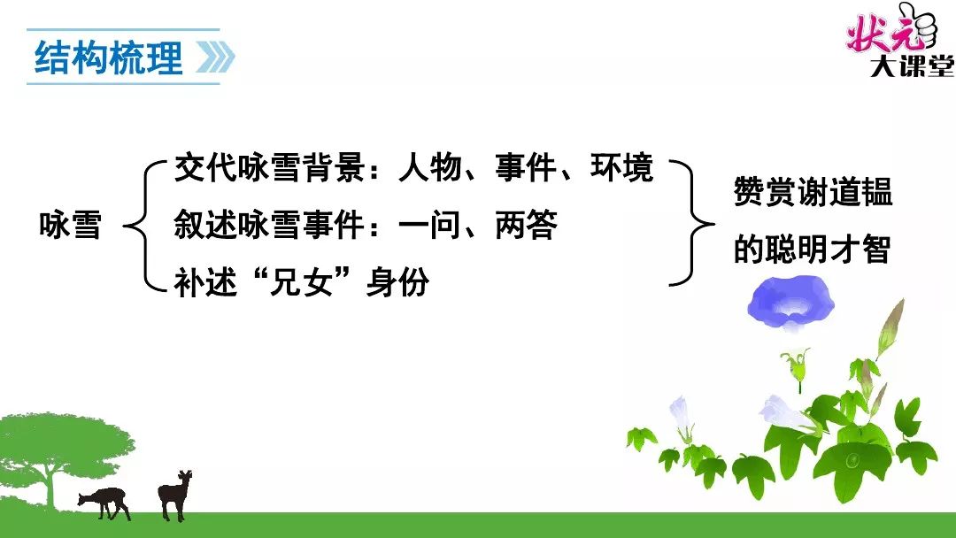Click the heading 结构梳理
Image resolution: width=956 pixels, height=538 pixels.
[x=109, y=58]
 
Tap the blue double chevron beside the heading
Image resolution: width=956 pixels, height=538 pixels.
[x=215, y=58]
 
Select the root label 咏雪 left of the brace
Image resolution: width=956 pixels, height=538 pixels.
[x=70, y=225]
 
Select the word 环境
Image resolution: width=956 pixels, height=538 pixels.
[x=622, y=167]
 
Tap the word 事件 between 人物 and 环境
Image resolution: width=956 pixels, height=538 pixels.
[x=526, y=167]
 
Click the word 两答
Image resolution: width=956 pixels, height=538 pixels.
[x=526, y=225]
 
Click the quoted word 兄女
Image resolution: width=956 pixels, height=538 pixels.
[x=301, y=282]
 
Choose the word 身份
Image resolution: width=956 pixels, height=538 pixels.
[x=397, y=282]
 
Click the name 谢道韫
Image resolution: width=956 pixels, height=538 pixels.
[x=844, y=192]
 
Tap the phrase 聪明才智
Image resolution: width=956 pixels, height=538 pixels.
[x=829, y=250]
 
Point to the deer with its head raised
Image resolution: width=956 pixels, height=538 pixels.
[x=174, y=494]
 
